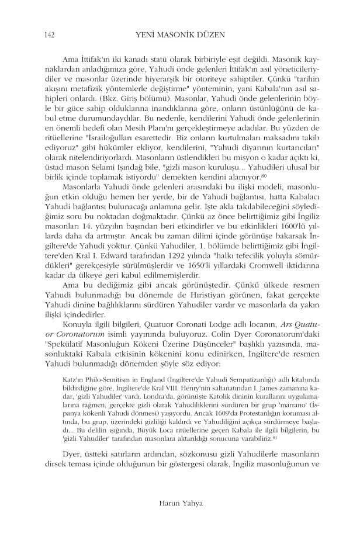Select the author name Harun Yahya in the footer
pos(179,501)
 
